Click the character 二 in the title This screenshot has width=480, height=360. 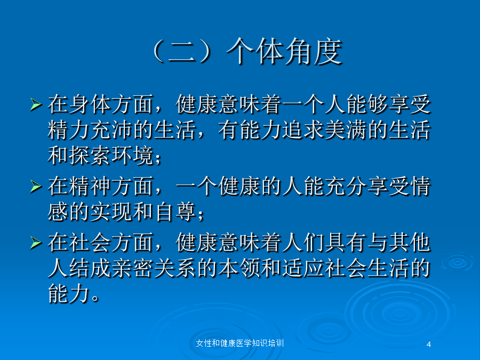pos(182,52)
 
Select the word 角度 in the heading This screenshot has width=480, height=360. pos(314,51)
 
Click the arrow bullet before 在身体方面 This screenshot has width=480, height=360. pos(36,105)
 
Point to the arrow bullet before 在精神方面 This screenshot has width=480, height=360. pos(36,187)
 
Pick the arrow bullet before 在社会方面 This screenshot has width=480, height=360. pos(36,243)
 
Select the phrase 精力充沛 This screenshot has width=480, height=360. pos(90,130)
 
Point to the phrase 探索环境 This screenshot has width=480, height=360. pos(111,156)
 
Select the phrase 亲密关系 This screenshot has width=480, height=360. pos(154,268)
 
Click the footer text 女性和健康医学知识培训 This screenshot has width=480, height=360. pos(239,343)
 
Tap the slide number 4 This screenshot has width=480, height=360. pos(429,345)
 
